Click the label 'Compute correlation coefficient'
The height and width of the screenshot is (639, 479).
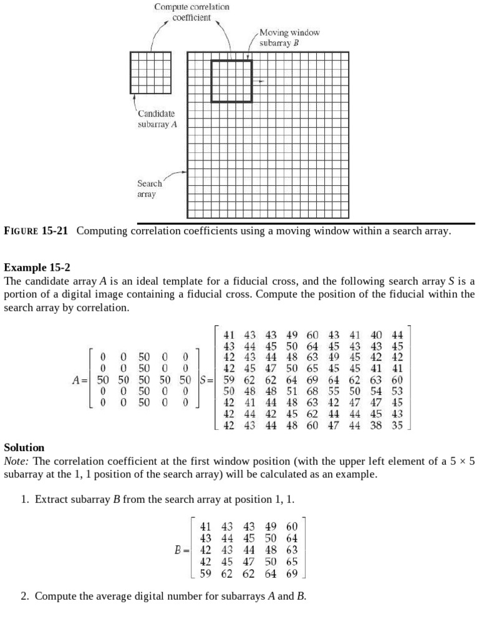(x=191, y=12)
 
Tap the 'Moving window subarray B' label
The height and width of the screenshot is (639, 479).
(x=289, y=38)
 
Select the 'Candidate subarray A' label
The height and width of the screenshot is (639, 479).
(x=157, y=119)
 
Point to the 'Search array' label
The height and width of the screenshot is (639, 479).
(x=150, y=188)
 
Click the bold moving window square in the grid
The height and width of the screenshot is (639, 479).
(x=231, y=80)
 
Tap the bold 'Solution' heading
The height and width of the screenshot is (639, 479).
(x=24, y=447)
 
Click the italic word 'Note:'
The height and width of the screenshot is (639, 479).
(x=17, y=461)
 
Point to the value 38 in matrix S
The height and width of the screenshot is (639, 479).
(x=377, y=426)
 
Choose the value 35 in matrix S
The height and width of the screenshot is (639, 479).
(x=397, y=426)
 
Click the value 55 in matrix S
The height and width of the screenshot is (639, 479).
(x=334, y=391)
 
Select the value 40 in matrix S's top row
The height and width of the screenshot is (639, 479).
(x=377, y=334)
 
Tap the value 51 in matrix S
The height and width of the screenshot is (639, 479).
(x=292, y=391)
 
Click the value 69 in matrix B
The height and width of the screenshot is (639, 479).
(x=292, y=573)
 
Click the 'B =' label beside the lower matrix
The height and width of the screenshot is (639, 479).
(x=181, y=550)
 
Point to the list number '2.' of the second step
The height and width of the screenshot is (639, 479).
(x=25, y=596)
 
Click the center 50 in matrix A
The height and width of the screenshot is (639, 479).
(x=144, y=379)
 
